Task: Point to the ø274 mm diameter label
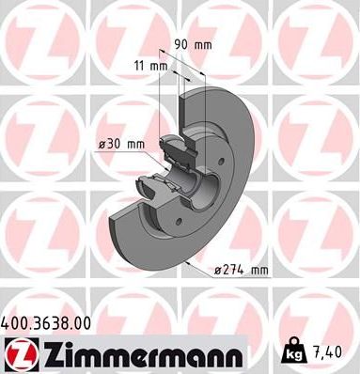pos(242,272)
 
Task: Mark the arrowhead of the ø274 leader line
pos(192,267)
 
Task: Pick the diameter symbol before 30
pos(104,144)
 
